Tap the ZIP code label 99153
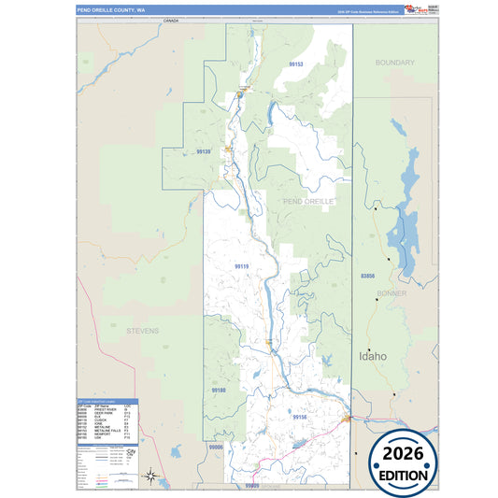296,64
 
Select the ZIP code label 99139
204,151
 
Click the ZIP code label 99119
242,266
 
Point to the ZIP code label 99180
218,390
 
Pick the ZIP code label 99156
298,417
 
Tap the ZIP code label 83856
367,277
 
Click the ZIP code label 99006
217,448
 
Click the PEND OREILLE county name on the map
306,201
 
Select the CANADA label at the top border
170,19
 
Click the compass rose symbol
150,477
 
